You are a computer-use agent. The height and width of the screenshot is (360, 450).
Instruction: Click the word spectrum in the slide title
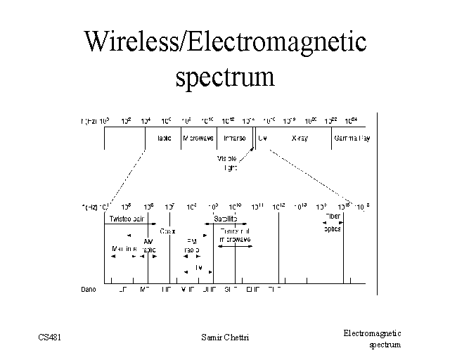pos(225,75)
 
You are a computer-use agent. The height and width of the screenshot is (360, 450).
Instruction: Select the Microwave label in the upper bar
pos(198,139)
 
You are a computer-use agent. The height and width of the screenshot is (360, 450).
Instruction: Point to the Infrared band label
pos(234,139)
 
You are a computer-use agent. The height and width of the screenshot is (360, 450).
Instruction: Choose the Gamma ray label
pos(353,139)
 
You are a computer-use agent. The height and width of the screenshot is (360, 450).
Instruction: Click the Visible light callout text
pos(228,162)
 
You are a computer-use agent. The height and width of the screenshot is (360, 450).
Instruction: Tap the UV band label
pos(262,139)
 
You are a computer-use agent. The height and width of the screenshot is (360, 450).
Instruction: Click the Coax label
pos(168,230)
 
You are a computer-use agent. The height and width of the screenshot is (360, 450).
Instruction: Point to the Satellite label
pos(226,219)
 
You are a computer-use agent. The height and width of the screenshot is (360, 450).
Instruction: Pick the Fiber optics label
pos(332,222)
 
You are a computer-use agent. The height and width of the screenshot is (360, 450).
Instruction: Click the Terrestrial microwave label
pos(235,235)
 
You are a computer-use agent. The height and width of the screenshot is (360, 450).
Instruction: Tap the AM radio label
pos(148,245)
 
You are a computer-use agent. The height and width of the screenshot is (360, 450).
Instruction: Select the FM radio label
pos(191,245)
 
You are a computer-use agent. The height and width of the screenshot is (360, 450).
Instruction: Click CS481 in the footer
pos(49,337)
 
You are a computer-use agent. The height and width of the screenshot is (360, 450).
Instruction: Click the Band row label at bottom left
pos(89,289)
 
